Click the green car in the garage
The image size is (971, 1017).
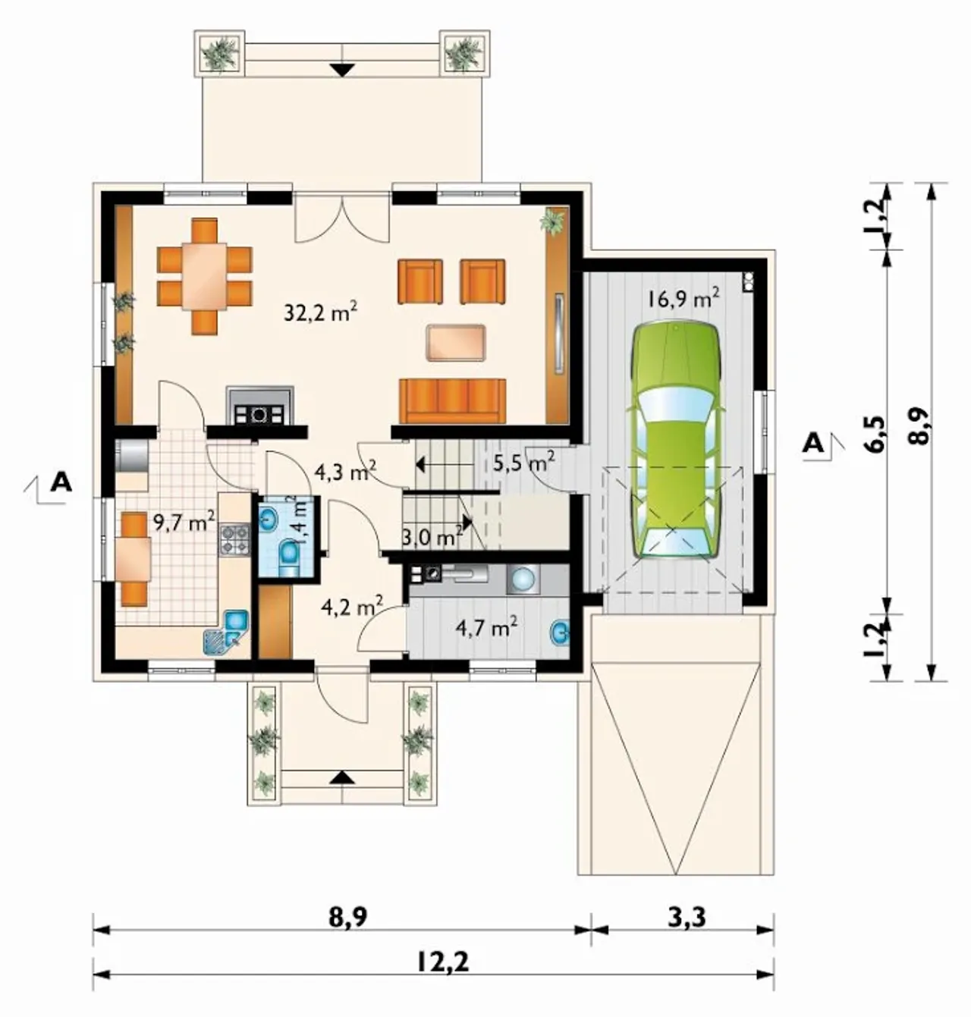click(675, 440)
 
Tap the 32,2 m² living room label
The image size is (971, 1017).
click(320, 313)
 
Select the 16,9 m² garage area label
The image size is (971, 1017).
click(683, 299)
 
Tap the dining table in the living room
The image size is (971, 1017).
click(205, 276)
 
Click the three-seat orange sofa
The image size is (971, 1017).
click(452, 401)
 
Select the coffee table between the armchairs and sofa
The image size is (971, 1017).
click(455, 343)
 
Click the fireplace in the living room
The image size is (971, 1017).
click(259, 406)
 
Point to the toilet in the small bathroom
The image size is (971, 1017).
click(288, 558)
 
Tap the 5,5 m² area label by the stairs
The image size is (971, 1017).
click(523, 463)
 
